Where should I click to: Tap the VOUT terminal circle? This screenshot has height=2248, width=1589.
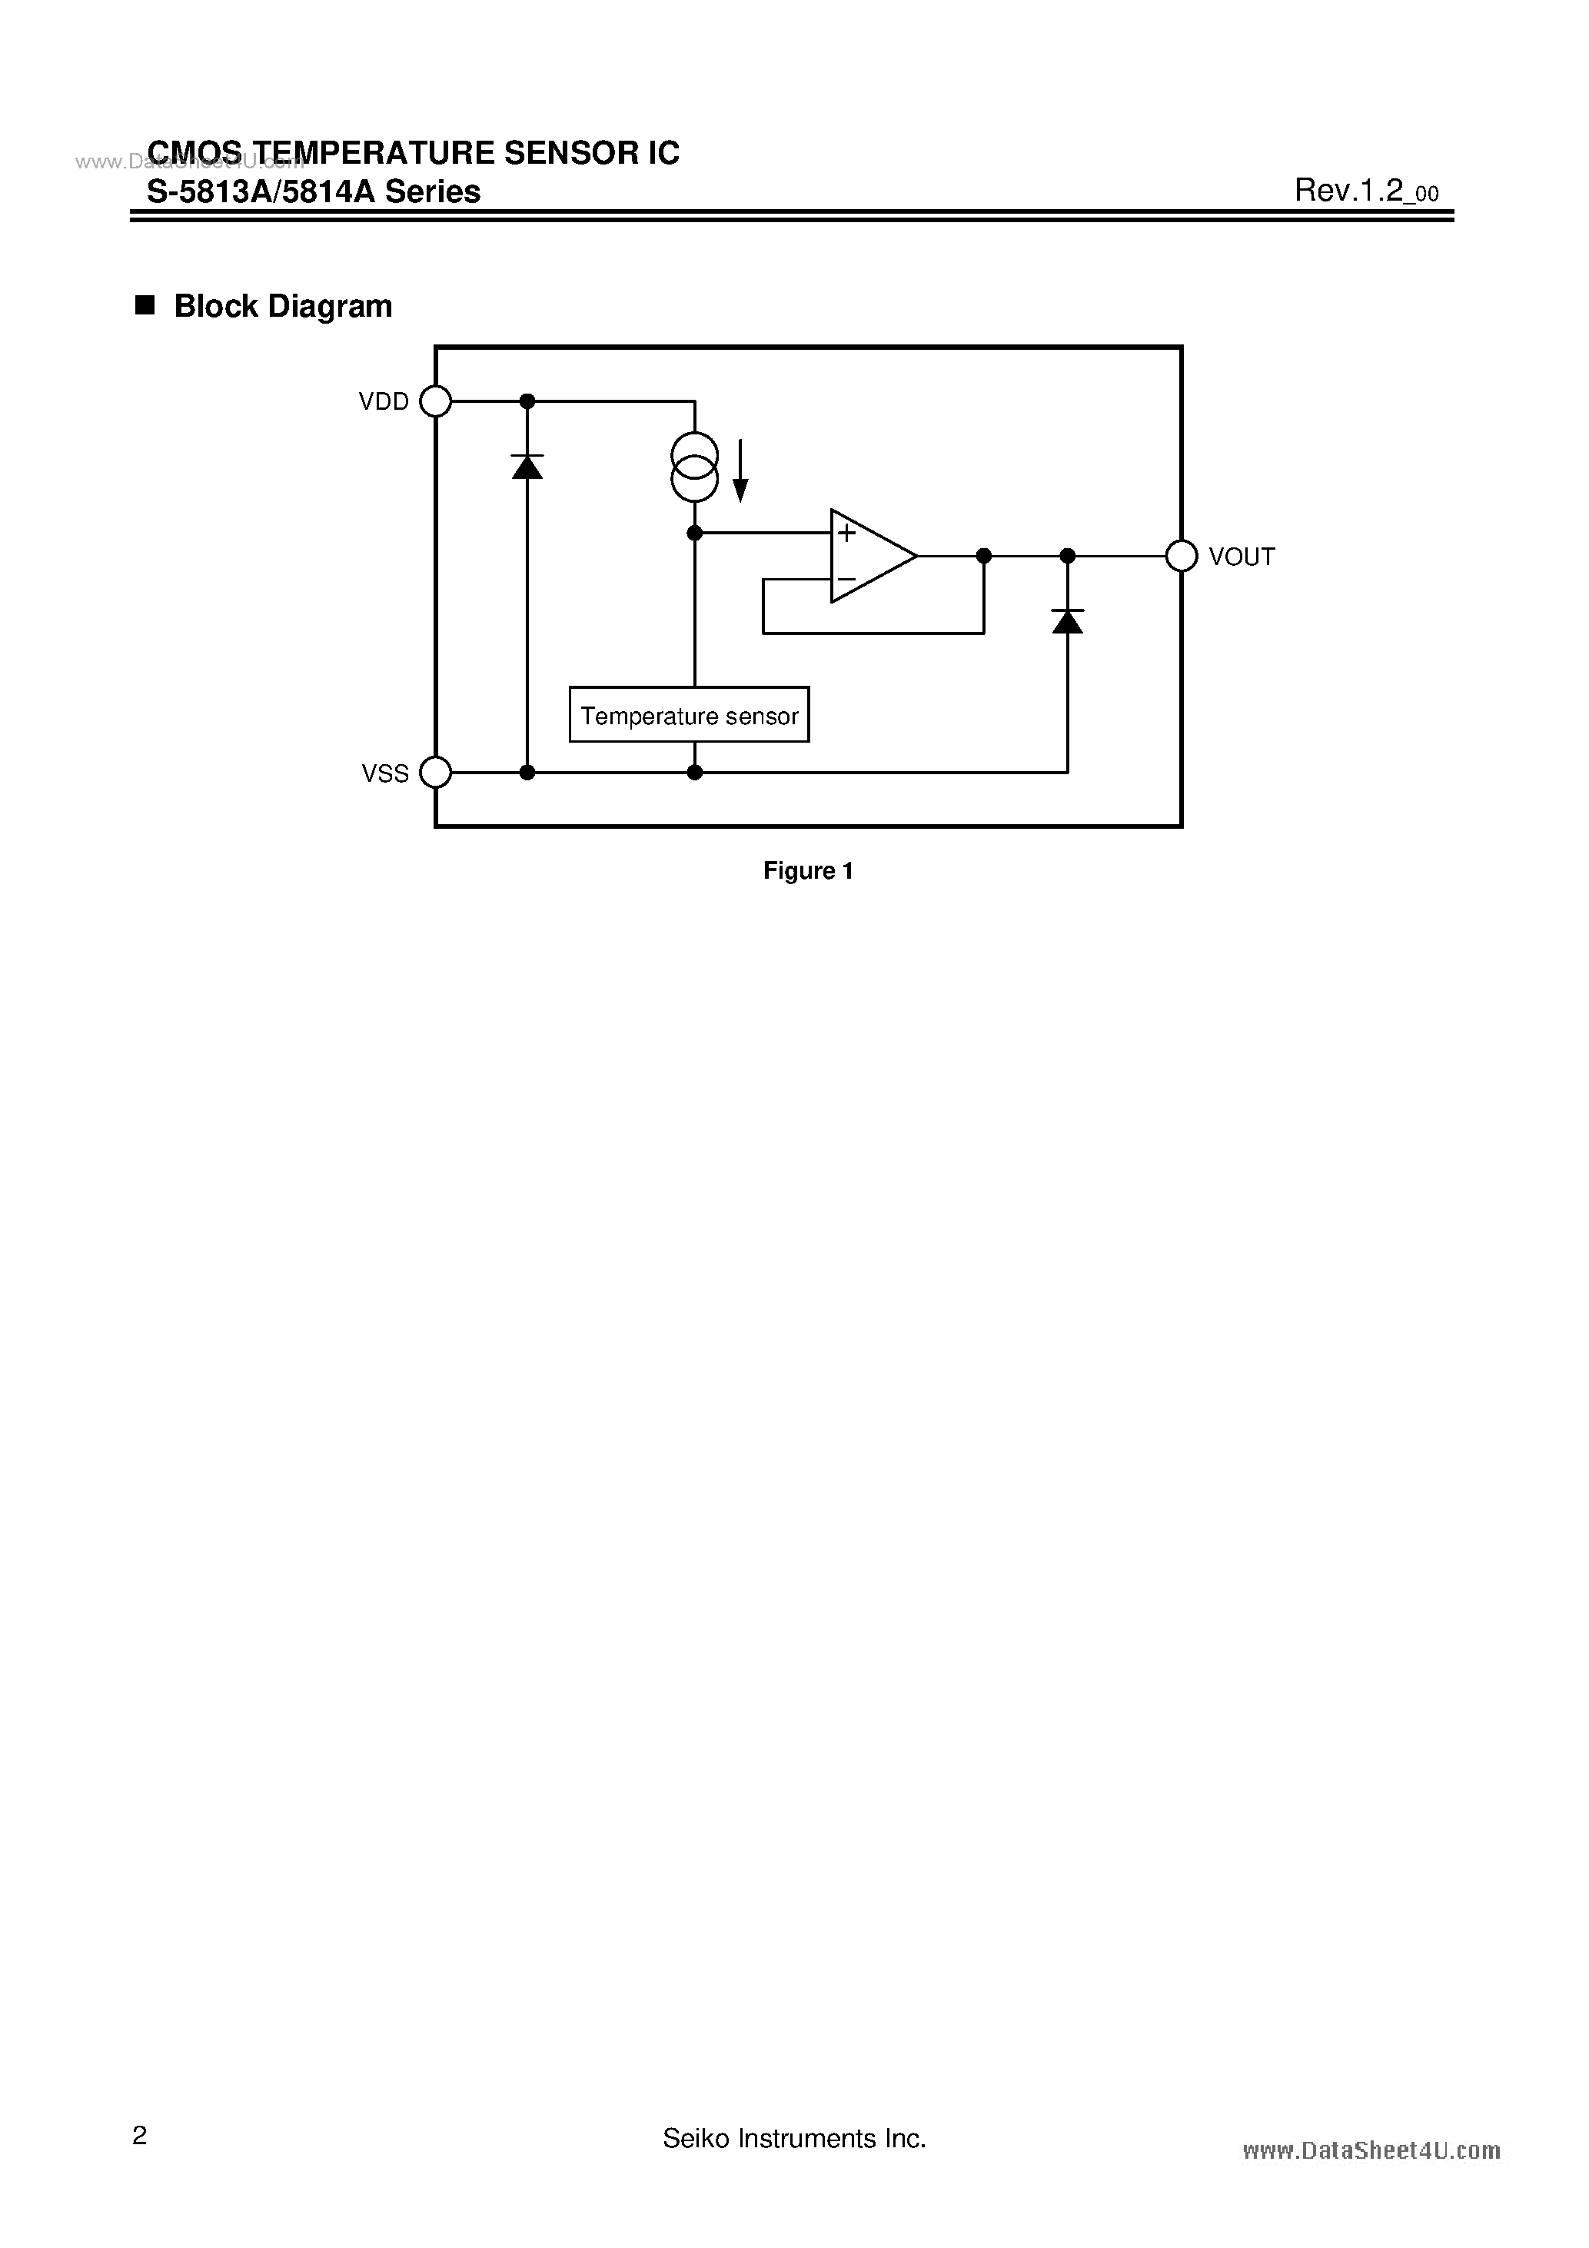click(x=1182, y=556)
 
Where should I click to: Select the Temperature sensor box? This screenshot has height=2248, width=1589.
click(x=690, y=715)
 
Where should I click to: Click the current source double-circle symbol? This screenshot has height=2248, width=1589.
click(x=694, y=467)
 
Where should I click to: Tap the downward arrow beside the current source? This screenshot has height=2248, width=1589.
click(x=741, y=471)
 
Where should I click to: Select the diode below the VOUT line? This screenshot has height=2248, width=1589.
click(x=1067, y=620)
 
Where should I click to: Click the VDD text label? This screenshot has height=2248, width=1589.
click(x=384, y=401)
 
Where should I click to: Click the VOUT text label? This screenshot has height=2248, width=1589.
click(x=1242, y=557)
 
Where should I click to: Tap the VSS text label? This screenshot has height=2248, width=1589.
click(x=386, y=773)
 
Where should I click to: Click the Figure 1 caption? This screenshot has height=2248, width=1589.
click(x=808, y=870)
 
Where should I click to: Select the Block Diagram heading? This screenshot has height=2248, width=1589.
click(x=282, y=307)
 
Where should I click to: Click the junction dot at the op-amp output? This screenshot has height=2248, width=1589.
click(x=984, y=556)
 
